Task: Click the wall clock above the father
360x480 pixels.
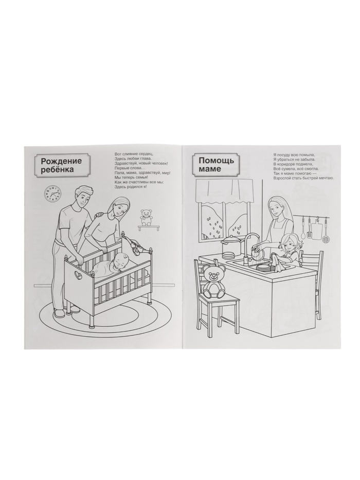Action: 53,193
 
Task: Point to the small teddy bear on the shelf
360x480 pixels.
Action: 146,217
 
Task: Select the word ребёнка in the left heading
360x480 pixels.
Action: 58,170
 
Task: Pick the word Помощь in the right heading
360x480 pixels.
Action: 216,161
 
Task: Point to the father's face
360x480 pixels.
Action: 82,200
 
